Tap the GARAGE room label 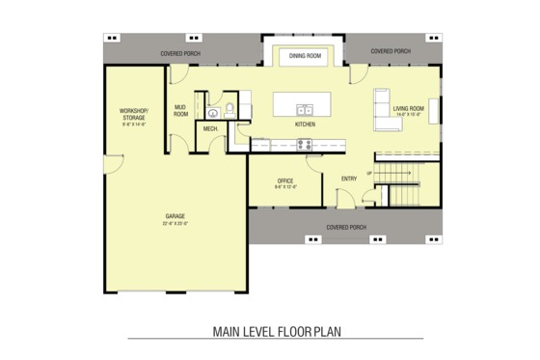pyautogui.click(x=175, y=215)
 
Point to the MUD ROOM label pyautogui.click(x=180, y=110)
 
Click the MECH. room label pyautogui.click(x=209, y=127)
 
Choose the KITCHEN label pyautogui.click(x=305, y=125)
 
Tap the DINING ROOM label pyautogui.click(x=305, y=56)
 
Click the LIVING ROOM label pyautogui.click(x=408, y=108)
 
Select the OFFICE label pyautogui.click(x=284, y=180)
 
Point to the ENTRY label pyautogui.click(x=348, y=178)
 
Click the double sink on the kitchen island pyautogui.click(x=305, y=108)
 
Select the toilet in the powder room pyautogui.click(x=231, y=108)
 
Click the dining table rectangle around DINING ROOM pyautogui.click(x=305, y=56)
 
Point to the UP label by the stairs pyautogui.click(x=368, y=174)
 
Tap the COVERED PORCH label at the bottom pyautogui.click(x=345, y=227)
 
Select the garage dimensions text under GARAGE pyautogui.click(x=175, y=223)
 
